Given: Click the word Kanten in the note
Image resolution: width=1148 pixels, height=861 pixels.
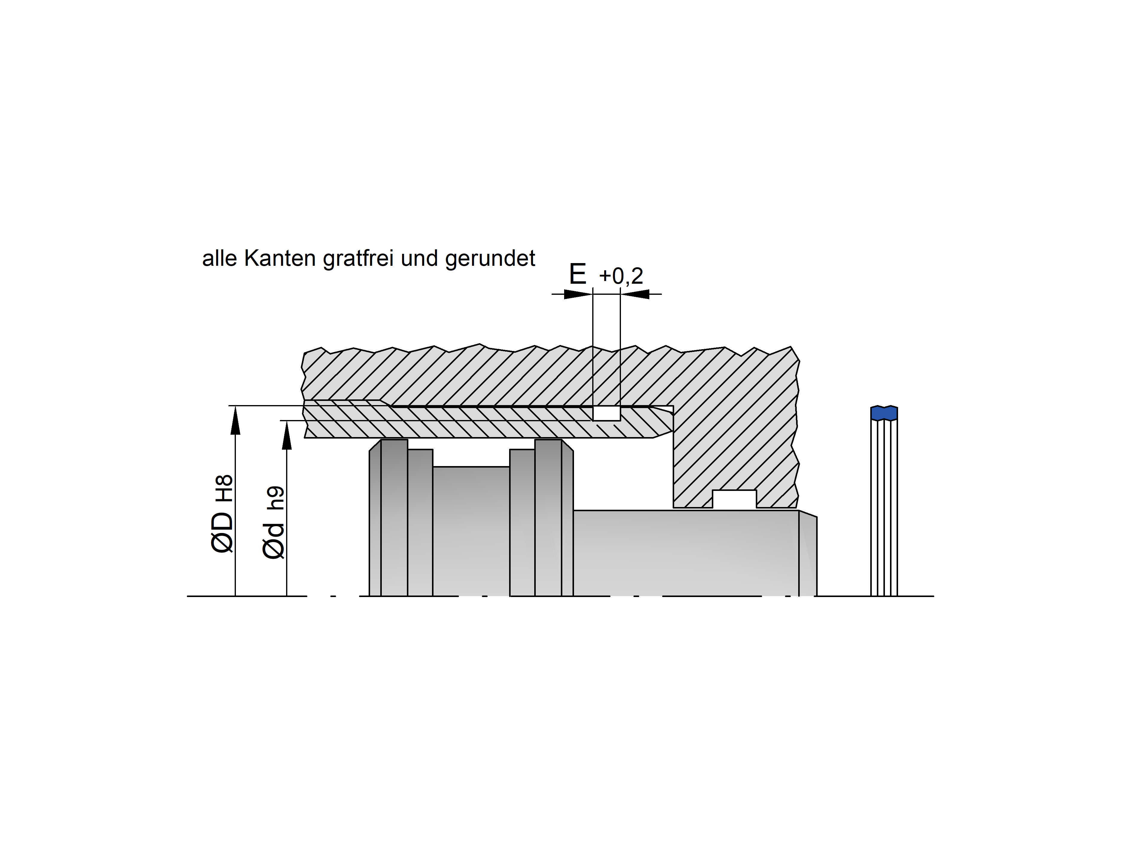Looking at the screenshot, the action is (x=280, y=259).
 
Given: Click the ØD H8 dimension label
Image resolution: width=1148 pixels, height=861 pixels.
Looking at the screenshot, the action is (x=223, y=514).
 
